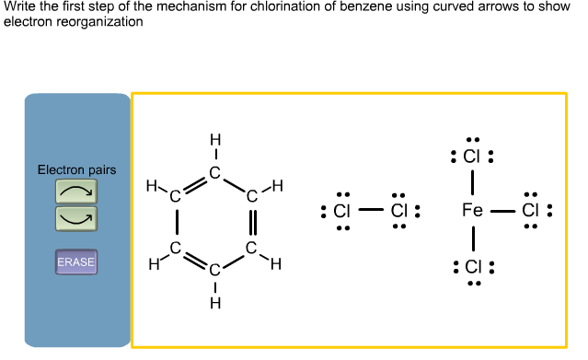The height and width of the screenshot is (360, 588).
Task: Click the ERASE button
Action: point(76,262)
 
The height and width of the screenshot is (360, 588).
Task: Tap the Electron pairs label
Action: point(76,170)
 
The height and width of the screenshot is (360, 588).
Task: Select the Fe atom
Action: point(472,211)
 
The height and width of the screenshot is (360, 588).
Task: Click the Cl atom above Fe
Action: point(472,156)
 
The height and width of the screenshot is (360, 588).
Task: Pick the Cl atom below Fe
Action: point(473,268)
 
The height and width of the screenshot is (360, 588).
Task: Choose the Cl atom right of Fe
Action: point(530,211)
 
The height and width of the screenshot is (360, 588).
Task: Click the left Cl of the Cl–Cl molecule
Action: point(342,211)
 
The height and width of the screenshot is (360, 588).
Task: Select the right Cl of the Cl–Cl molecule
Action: point(398,211)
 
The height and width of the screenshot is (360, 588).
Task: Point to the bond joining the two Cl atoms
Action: point(370,211)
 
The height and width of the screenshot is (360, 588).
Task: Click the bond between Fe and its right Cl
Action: point(502,211)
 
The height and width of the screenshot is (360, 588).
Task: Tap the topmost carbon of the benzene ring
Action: point(214,172)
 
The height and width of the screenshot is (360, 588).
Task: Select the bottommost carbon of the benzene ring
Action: point(214,270)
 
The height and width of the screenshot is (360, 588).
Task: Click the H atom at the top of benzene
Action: point(214,140)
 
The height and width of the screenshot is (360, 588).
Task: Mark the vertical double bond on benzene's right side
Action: point(252,221)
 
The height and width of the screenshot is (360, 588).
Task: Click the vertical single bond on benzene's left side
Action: point(177,221)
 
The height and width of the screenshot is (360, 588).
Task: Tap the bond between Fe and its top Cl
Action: point(472,183)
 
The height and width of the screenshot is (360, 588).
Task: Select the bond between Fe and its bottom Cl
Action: point(472,239)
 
